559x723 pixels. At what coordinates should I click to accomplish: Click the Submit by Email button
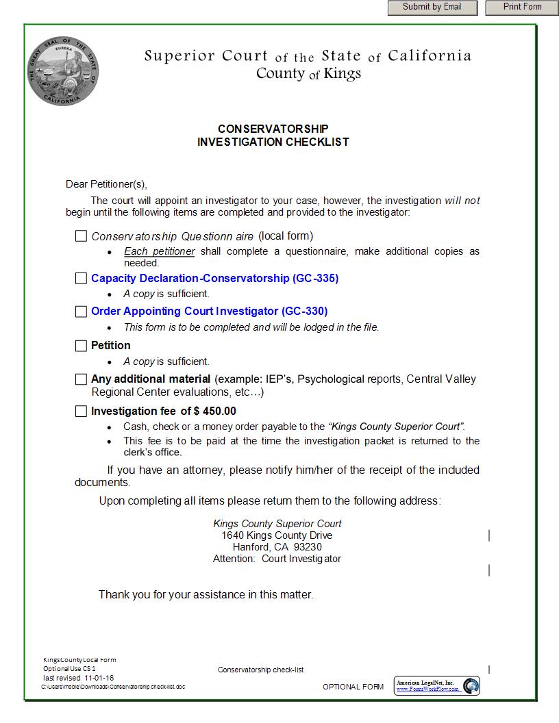(434, 8)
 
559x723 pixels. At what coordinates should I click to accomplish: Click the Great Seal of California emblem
(63, 71)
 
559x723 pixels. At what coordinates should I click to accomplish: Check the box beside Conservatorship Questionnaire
(81, 236)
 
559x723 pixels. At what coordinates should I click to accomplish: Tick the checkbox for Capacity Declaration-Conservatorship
(81, 279)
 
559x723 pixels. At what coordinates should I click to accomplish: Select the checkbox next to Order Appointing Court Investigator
(81, 312)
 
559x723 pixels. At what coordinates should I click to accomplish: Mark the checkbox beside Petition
(81, 346)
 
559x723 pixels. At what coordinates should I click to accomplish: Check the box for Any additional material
(81, 379)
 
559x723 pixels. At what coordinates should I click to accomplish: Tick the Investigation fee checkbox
(81, 411)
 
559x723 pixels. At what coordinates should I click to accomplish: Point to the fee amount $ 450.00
(215, 411)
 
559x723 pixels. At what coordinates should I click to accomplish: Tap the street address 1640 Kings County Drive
(277, 535)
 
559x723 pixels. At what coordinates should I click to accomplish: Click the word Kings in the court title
(342, 73)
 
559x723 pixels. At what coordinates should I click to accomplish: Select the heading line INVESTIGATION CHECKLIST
(273, 142)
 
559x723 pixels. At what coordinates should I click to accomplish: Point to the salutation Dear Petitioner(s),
(106, 184)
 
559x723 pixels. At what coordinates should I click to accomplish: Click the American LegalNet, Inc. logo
(437, 686)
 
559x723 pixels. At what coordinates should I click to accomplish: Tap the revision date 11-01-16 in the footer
(99, 678)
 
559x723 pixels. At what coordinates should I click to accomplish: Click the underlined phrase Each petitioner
(159, 251)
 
